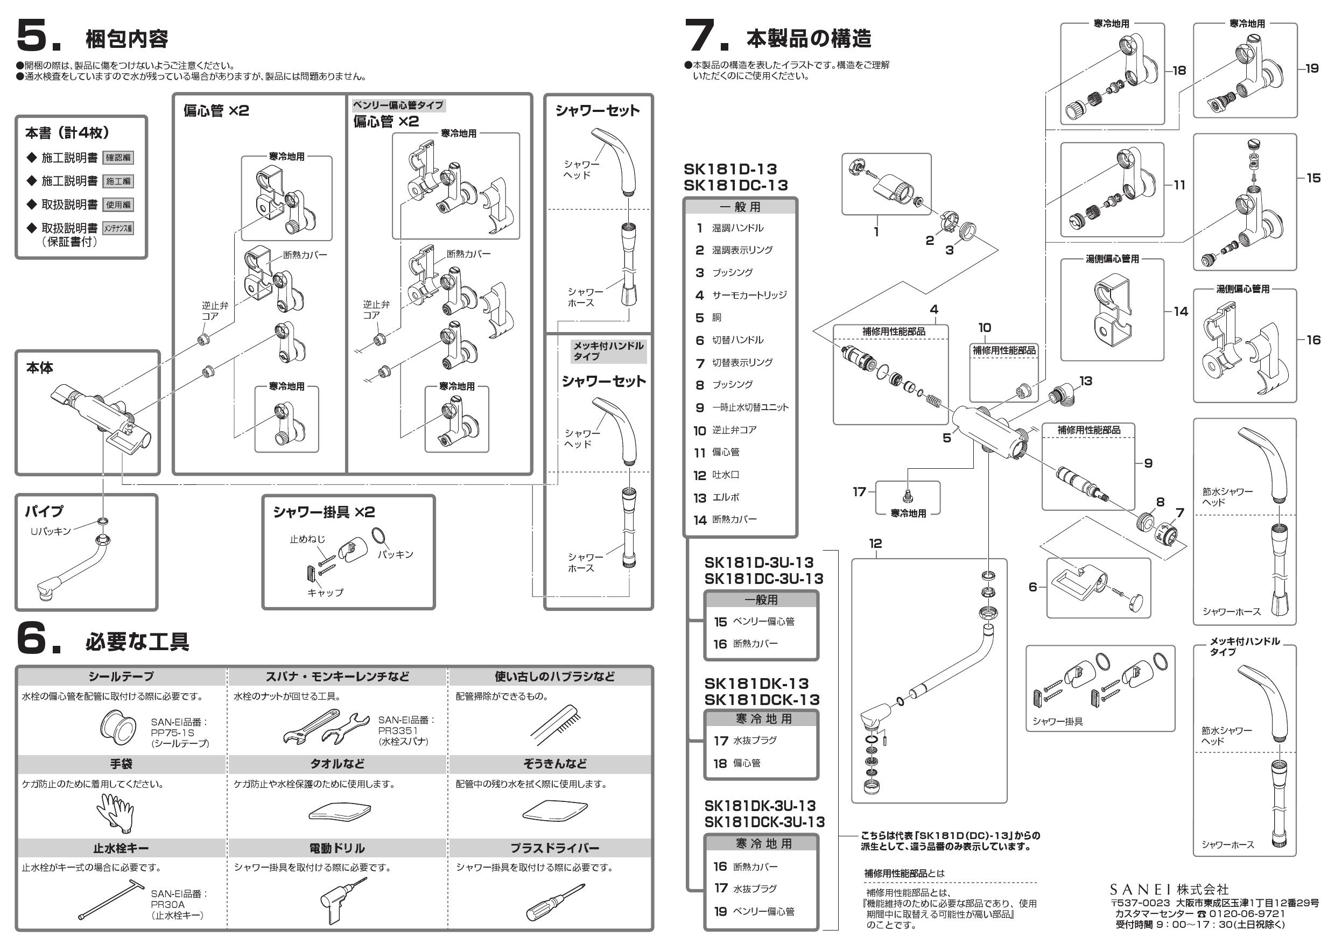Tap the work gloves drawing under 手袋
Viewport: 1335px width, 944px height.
pos(115,813)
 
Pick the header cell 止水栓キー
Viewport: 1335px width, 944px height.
pos(121,848)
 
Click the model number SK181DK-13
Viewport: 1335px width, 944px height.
pos(756,684)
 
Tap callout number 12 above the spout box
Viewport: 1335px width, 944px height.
pos(875,544)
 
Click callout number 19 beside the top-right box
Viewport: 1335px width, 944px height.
pos(1312,68)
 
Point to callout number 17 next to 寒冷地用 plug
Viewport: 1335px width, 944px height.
pos(859,492)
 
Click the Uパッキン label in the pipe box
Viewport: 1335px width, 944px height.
pos(51,531)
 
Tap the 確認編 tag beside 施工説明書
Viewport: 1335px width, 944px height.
pos(118,158)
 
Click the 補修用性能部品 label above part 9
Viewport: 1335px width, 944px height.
pos(1088,430)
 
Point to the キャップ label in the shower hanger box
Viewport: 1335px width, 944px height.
pos(325,593)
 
